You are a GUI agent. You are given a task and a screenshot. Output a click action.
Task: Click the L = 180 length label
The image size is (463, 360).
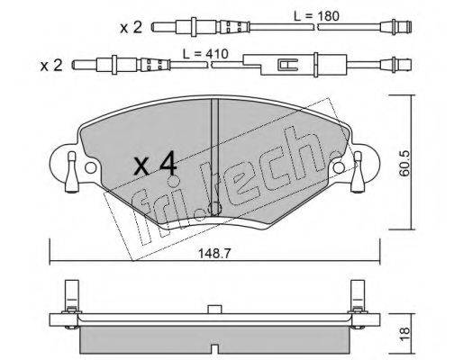coord(316,16)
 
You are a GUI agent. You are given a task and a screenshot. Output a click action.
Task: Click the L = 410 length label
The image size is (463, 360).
coord(205,54)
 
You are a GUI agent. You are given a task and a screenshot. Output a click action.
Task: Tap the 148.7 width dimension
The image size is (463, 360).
coord(214,254)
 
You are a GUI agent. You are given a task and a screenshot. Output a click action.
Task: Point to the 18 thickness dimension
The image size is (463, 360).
coord(404,334)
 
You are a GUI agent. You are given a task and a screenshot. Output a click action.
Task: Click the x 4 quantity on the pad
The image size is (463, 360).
coord(155,164)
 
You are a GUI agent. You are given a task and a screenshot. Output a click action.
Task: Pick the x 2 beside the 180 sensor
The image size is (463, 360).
coord(131,28)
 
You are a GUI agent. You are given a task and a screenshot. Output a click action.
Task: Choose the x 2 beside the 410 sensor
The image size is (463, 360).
coord(51,66)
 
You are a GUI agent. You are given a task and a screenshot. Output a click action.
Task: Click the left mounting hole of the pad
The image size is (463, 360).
coord(90,168)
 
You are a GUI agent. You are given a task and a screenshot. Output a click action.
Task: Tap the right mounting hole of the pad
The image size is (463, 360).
coord(339,167)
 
